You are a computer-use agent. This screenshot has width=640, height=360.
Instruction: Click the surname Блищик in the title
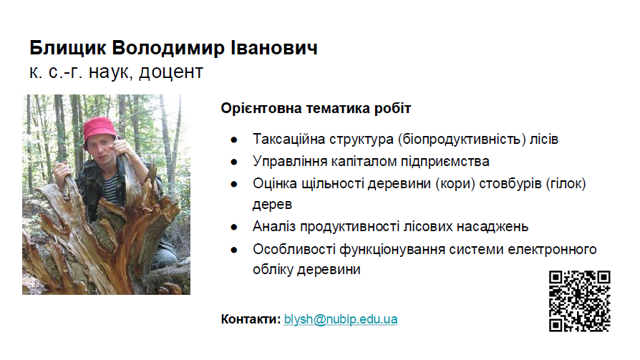coord(68,48)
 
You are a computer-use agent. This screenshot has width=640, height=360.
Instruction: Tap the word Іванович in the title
coord(274,48)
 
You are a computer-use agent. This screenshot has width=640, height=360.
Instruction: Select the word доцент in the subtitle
coord(171,73)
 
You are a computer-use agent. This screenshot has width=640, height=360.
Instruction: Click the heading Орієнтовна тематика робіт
coord(316,108)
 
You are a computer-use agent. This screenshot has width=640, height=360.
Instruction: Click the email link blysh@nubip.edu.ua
coord(341,319)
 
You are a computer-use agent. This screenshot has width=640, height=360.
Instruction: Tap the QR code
coord(579,301)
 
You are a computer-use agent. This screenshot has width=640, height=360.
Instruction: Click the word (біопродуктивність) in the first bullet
coord(462,139)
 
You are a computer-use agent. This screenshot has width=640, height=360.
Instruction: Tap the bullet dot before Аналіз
coord(234,227)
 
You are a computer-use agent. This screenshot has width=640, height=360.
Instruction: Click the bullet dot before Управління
coord(234,162)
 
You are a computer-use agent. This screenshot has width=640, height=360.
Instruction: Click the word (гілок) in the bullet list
coord(566,184)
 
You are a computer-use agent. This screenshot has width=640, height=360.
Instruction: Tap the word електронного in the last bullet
coord(552,249)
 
